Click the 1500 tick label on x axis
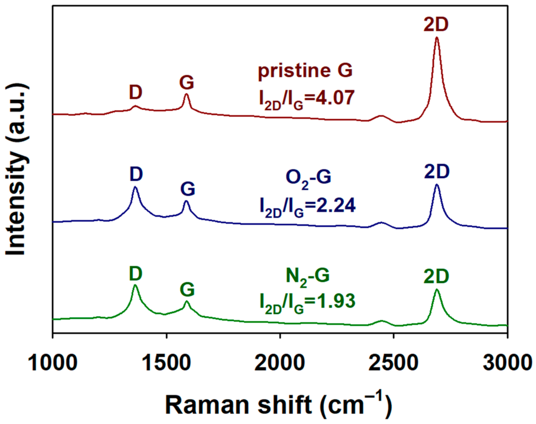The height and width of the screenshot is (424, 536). (166, 363)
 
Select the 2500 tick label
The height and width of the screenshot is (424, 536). (393, 363)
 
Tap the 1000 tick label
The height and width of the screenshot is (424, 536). (53, 363)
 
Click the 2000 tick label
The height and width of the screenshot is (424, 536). (280, 363)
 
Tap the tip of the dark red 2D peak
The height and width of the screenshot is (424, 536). (437, 37)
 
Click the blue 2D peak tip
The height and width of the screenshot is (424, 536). (437, 185)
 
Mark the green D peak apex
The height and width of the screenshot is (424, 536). (135, 285)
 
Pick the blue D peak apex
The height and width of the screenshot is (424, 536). (135, 187)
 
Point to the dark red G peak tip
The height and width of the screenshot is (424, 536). (186, 94)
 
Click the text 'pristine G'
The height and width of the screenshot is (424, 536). (305, 71)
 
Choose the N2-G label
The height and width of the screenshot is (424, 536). (308, 276)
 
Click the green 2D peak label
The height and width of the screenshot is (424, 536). (436, 277)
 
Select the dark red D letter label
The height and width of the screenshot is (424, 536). (136, 92)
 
